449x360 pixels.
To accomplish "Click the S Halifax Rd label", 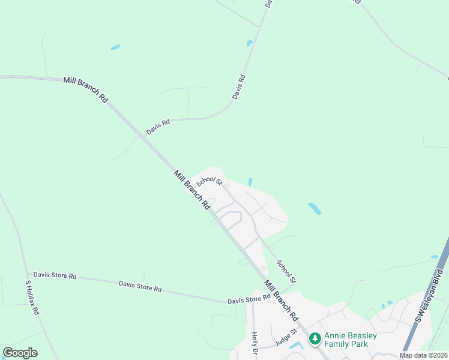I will [x=32, y=298].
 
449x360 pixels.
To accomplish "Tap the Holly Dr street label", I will [x=255, y=342].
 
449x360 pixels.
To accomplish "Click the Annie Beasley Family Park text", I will [x=351, y=340].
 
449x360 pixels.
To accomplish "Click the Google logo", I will [x=20, y=353].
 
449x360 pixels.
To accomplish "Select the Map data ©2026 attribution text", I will [x=423, y=355].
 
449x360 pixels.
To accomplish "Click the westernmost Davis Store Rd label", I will [x=55, y=276].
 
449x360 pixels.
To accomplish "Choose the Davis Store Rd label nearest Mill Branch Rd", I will [x=249, y=299].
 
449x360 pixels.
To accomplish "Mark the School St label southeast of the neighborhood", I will [x=286, y=271].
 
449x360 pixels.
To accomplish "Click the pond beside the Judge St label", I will [x=295, y=345].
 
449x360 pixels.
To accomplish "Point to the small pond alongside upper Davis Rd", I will [x=249, y=43].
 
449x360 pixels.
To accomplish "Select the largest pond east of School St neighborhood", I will [x=315, y=209].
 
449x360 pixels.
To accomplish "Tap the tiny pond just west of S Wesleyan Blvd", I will [x=434, y=257].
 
